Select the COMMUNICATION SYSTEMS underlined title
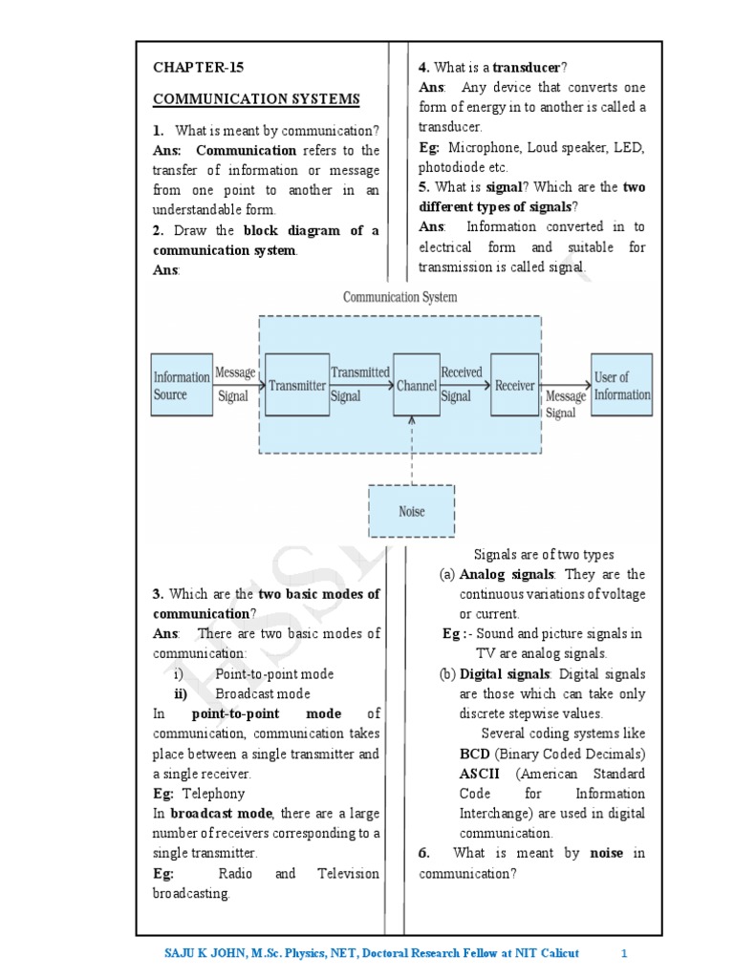(256, 99)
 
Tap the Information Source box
(182, 385)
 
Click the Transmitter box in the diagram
(296, 385)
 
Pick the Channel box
(416, 385)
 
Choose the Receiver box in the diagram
(514, 385)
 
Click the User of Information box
(622, 385)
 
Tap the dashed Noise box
(411, 511)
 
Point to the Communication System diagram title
(399, 297)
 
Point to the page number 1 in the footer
(623, 953)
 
